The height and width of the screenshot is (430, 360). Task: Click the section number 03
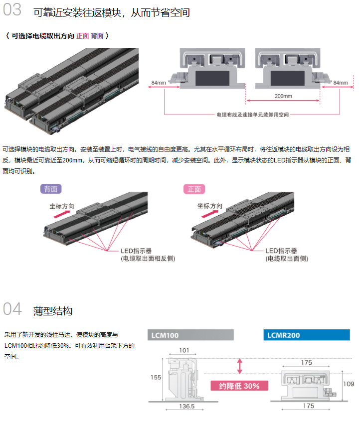pyautogui.click(x=12, y=10)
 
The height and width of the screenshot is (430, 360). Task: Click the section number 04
pyautogui.click(x=12, y=309)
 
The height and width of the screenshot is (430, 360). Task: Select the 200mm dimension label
pyautogui.click(x=284, y=96)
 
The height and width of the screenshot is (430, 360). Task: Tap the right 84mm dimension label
pyautogui.click(x=341, y=82)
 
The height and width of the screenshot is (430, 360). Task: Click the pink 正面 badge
pyautogui.click(x=194, y=189)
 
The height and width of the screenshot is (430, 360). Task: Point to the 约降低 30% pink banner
pyautogui.click(x=239, y=386)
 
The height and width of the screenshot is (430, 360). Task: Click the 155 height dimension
pyautogui.click(x=156, y=378)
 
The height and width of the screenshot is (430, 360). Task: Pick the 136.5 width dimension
pyautogui.click(x=186, y=407)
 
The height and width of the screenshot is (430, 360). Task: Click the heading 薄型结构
pyautogui.click(x=53, y=311)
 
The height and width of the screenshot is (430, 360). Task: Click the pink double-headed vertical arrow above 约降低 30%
pyautogui.click(x=240, y=366)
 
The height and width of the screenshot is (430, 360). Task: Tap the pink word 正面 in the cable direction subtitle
pyautogui.click(x=82, y=36)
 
